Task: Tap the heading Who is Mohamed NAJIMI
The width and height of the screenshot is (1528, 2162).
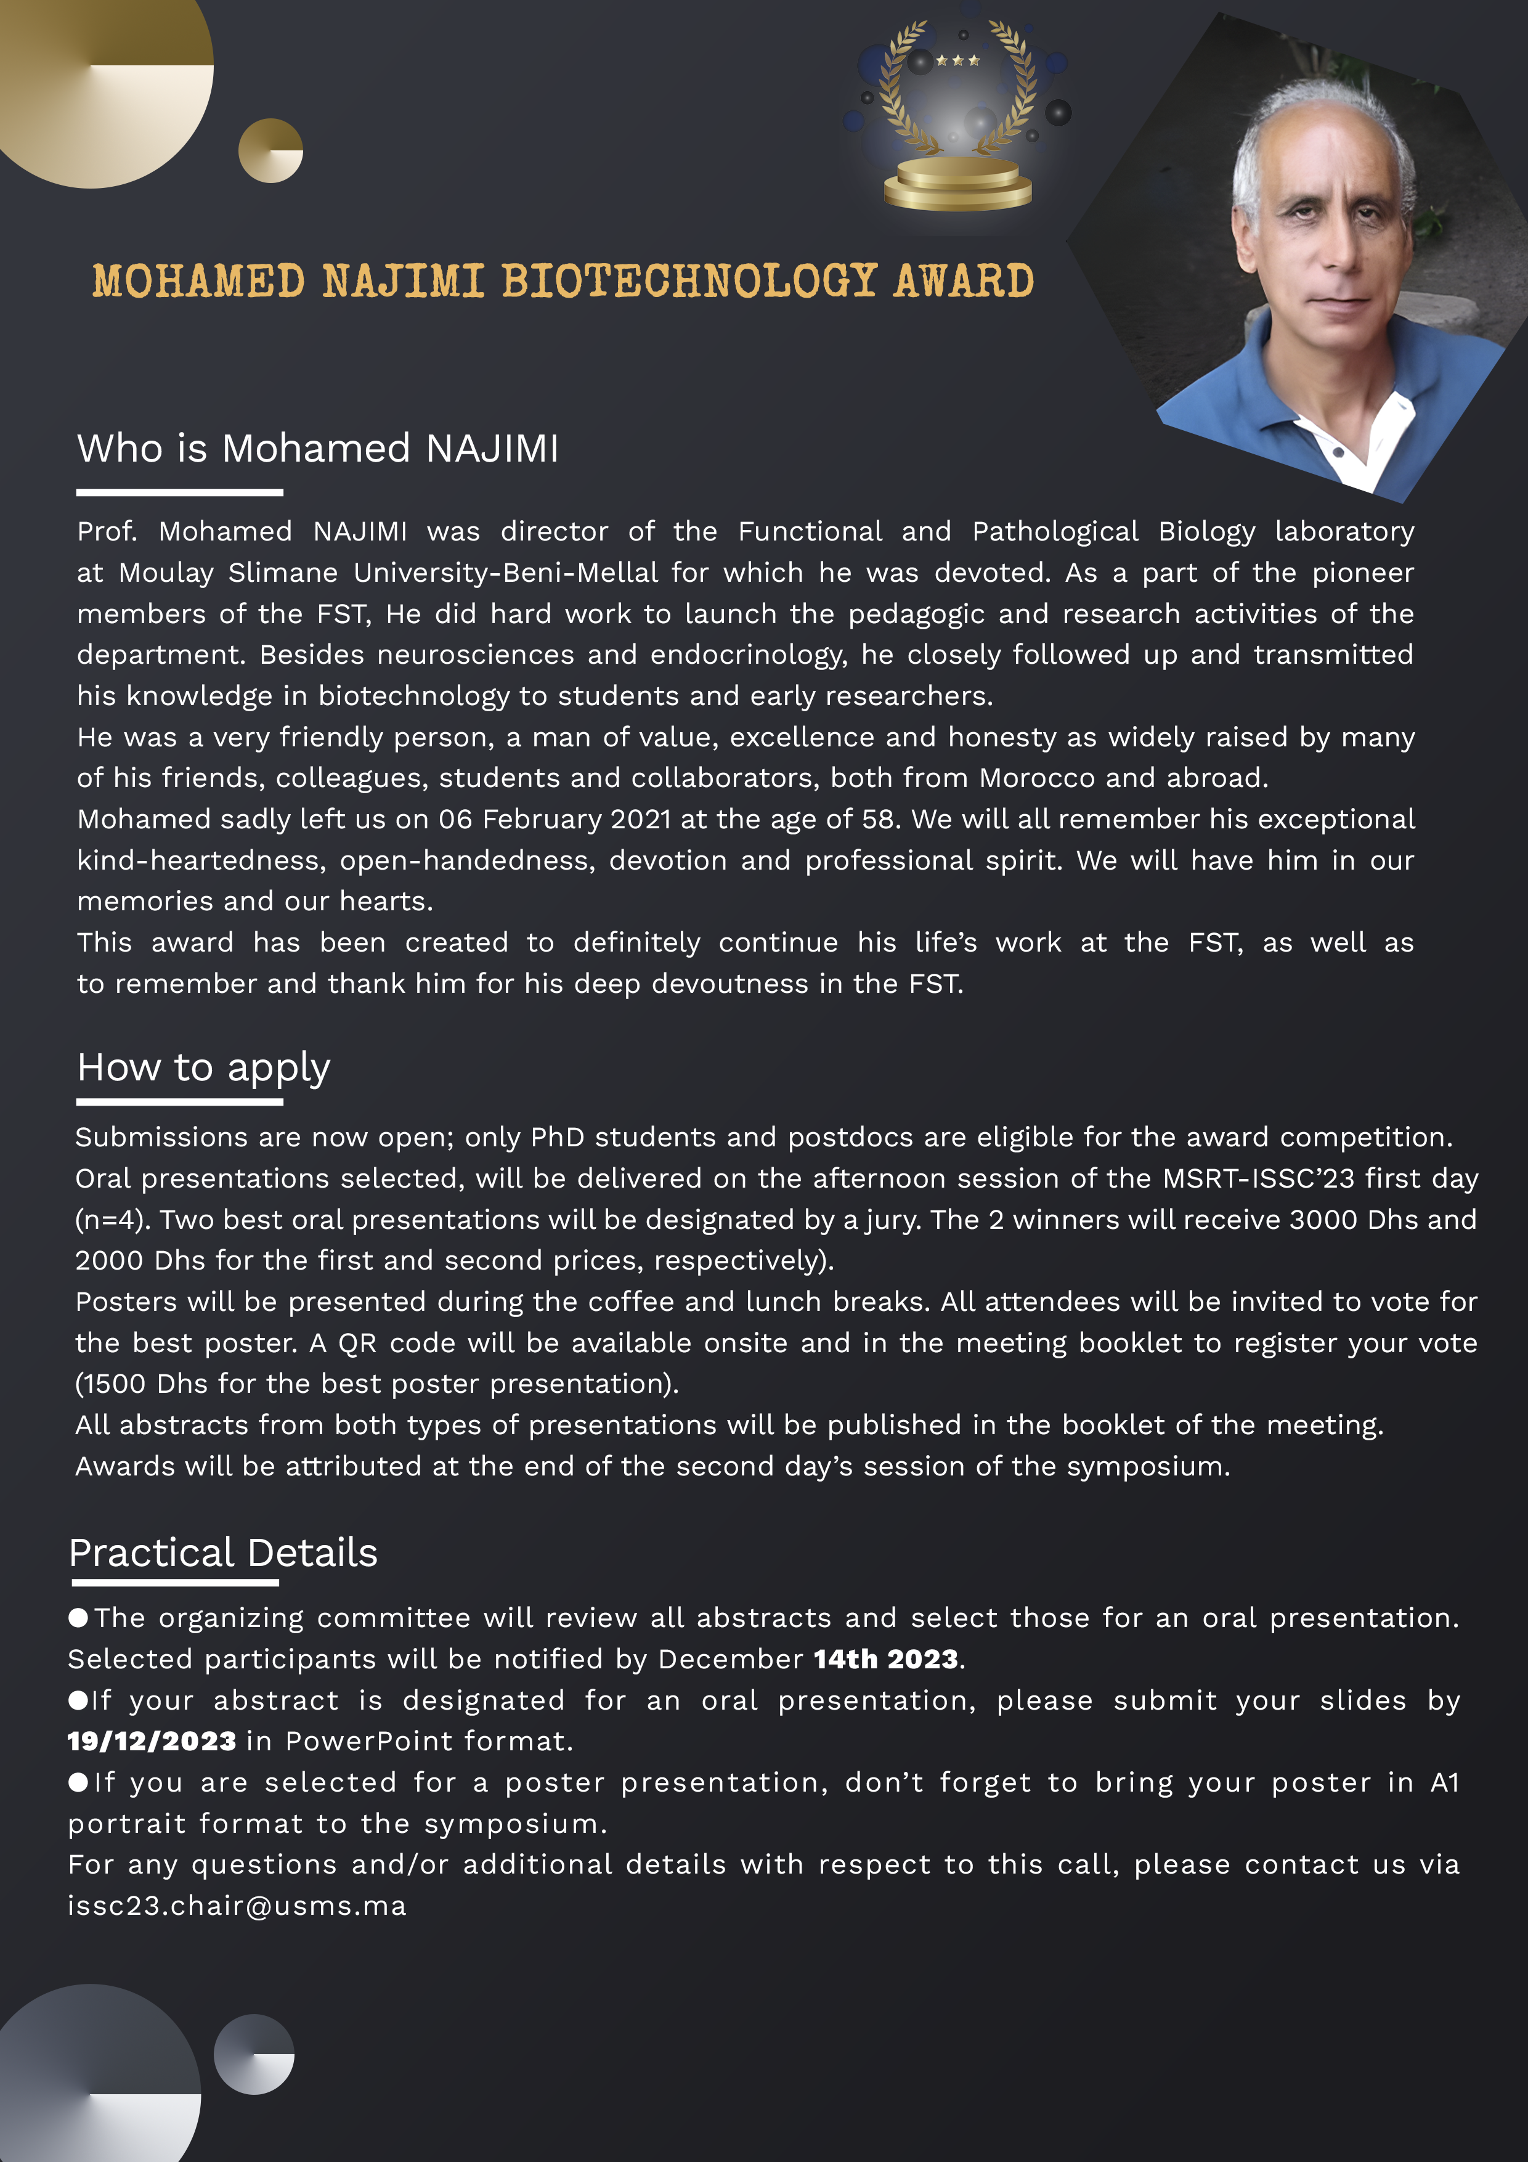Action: [x=317, y=448]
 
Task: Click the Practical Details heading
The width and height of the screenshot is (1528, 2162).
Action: [x=223, y=1552]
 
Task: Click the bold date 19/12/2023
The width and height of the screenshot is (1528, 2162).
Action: [x=152, y=1741]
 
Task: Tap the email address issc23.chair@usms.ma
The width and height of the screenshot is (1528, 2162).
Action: [x=237, y=1906]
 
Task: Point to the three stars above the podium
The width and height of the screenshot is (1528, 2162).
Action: [x=957, y=61]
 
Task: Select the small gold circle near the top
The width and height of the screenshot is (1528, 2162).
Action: [x=270, y=150]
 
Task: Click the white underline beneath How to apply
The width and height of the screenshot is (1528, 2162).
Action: [x=179, y=1102]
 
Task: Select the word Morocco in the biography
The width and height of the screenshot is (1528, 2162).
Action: [x=1036, y=778]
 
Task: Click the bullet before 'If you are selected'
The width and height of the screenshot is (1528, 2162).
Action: [x=78, y=1782]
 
